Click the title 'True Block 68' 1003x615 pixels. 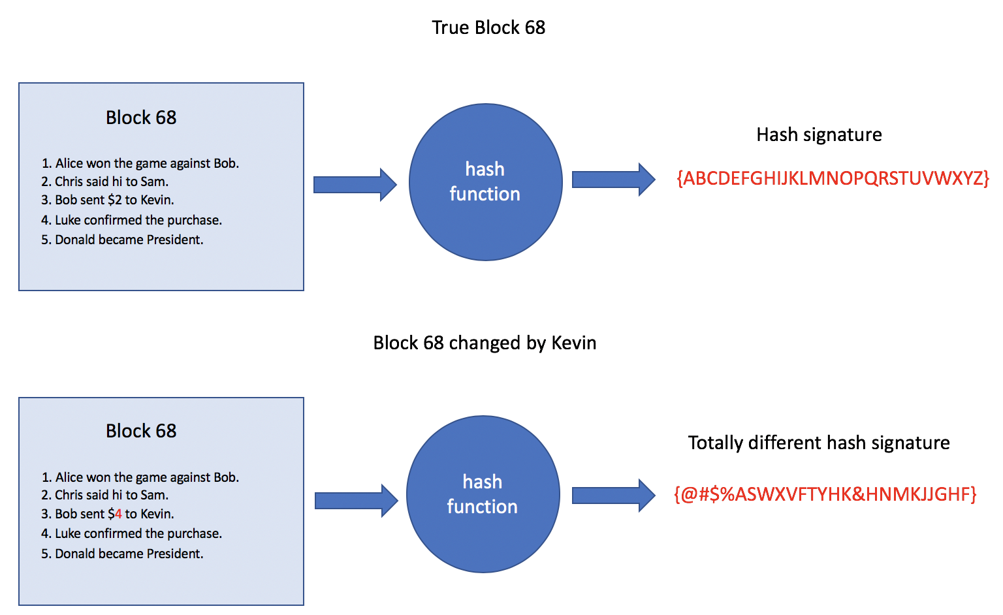pos(488,27)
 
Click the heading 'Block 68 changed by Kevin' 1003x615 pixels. pos(485,343)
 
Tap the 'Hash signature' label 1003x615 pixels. pos(819,134)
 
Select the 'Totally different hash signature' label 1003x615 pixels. pos(819,443)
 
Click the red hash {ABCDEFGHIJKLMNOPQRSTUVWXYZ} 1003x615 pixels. pos(833,178)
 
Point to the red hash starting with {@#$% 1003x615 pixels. pos(825,494)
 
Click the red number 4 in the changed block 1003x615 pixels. pos(118,514)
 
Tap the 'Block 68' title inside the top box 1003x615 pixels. pos(141,118)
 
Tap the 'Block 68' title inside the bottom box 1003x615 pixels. pos(141,431)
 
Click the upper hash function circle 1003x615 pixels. pos(485,182)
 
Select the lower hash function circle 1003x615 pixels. pos(483,494)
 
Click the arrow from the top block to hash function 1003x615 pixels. pos(355,185)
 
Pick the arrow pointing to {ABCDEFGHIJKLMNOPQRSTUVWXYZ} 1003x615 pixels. pos(613,180)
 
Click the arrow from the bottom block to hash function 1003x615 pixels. pos(356,501)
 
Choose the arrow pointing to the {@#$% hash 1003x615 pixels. pos(613,496)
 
